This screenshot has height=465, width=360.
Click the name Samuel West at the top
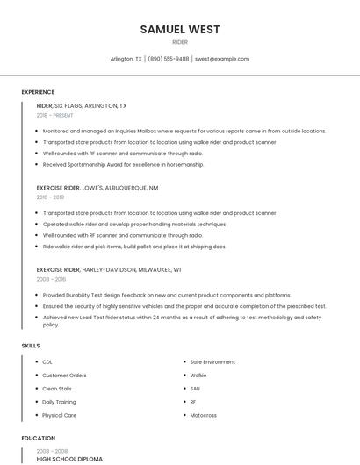pyautogui.click(x=180, y=30)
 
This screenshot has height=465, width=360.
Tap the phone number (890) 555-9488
pyautogui.click(x=169, y=59)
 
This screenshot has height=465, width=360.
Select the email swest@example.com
pyautogui.click(x=222, y=59)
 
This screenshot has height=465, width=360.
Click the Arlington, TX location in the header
pyautogui.click(x=126, y=59)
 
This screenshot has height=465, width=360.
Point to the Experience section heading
pyautogui.click(x=38, y=92)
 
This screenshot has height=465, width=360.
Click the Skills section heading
pyautogui.click(x=31, y=346)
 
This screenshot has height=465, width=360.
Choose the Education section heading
pyautogui.click(x=39, y=438)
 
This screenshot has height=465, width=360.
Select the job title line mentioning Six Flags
pyautogui.click(x=82, y=105)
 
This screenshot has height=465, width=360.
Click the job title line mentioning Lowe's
pyautogui.click(x=97, y=188)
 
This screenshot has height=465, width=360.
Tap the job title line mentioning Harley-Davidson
pyautogui.click(x=109, y=270)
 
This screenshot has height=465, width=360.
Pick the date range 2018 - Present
pyautogui.click(x=55, y=115)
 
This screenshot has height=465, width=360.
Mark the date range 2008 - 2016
pyautogui.click(x=51, y=279)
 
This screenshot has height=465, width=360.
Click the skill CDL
pyautogui.click(x=47, y=361)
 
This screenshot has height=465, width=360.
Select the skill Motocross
pyautogui.click(x=204, y=415)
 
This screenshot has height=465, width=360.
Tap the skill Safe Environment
pyautogui.click(x=212, y=361)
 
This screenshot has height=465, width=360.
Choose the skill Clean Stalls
pyautogui.click(x=57, y=388)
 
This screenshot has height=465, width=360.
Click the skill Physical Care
pyautogui.click(x=59, y=415)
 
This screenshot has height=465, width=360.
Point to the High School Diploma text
pyautogui.click(x=69, y=459)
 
